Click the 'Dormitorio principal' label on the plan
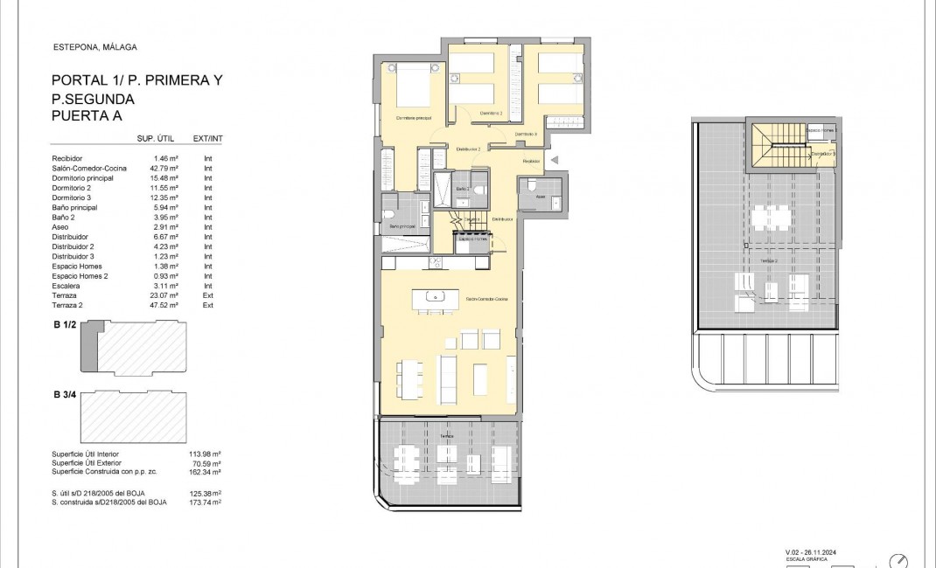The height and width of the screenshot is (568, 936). pyautogui.click(x=414, y=118)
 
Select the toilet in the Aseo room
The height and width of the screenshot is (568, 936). pyautogui.click(x=530, y=187)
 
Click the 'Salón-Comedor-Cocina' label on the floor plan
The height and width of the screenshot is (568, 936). pyautogui.click(x=486, y=299)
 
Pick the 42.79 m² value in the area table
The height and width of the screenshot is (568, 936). pyautogui.click(x=164, y=168)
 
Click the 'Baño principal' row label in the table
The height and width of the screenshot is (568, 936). pyautogui.click(x=75, y=208)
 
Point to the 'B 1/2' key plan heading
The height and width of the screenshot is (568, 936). pyautogui.click(x=66, y=326)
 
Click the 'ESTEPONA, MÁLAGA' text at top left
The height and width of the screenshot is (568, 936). pyautogui.click(x=94, y=47)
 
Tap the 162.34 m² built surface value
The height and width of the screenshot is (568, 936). pyautogui.click(x=205, y=472)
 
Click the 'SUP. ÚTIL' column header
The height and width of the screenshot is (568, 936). pyautogui.click(x=158, y=138)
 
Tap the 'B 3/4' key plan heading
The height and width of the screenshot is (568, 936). pyautogui.click(x=66, y=396)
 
